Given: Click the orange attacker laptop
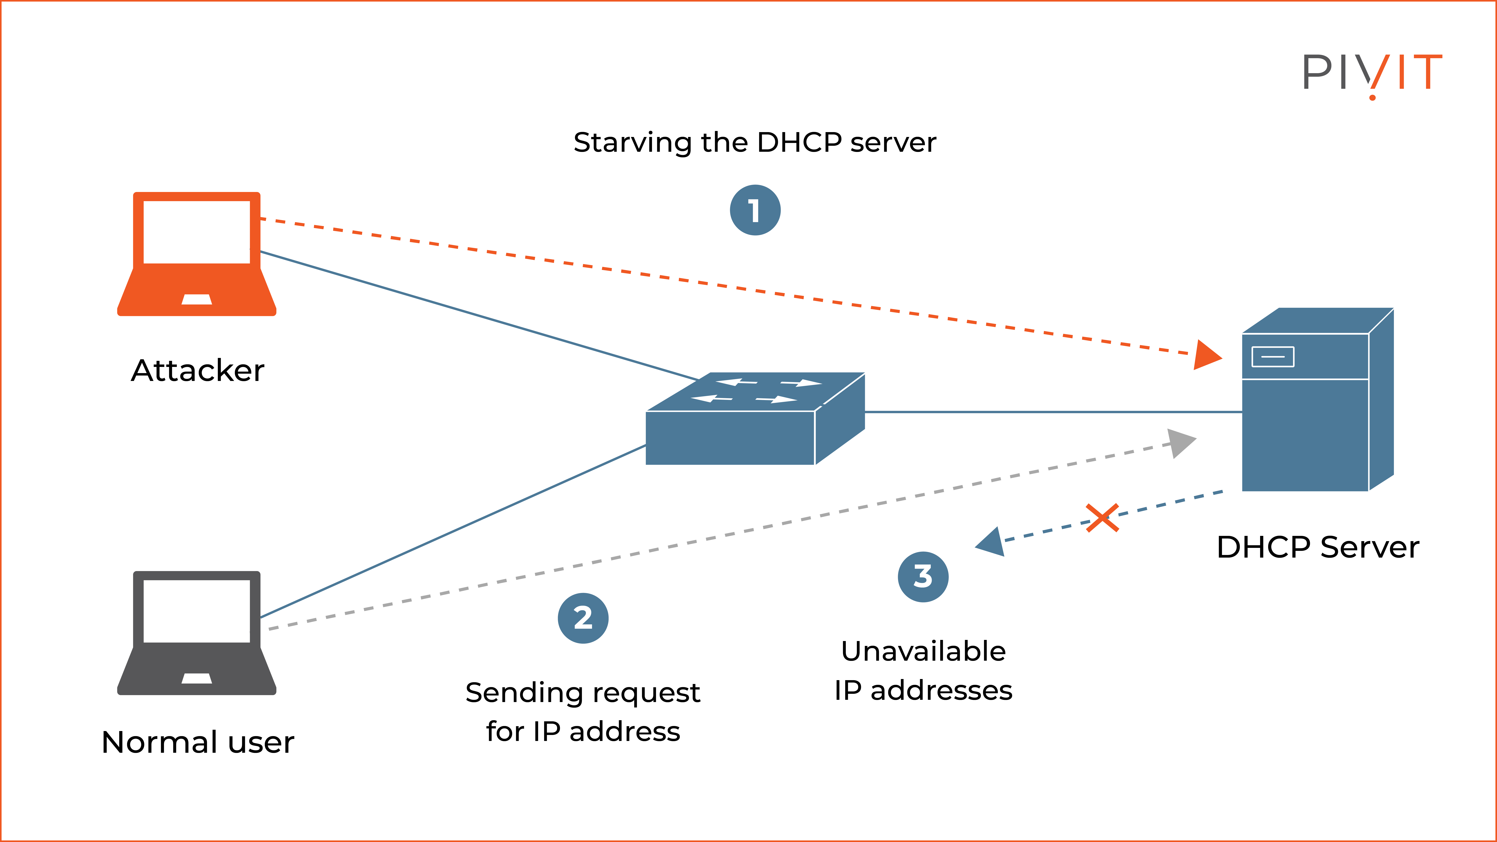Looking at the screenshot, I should click(x=196, y=254).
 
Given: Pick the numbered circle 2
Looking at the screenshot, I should click(x=583, y=618).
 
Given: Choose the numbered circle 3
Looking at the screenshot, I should click(x=923, y=576).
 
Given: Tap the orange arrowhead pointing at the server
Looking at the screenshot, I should click(x=1206, y=355).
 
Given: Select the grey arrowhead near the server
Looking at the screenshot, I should click(x=1180, y=443).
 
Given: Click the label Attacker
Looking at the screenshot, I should click(x=198, y=371).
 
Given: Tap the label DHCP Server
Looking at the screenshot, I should click(x=1317, y=547).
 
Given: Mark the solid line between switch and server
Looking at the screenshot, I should click(x=1052, y=412).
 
